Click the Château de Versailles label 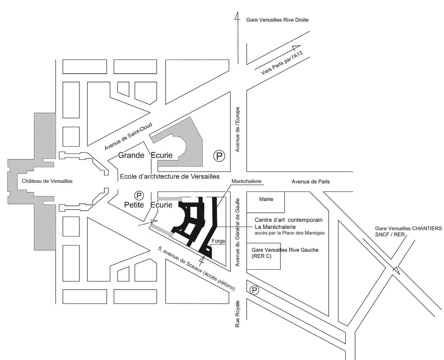click(47, 181)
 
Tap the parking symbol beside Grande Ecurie click(219, 156)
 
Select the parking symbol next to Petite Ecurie click(139, 195)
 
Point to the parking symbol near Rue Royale click(254, 290)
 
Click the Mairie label click(266, 199)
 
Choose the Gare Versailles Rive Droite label click(277, 20)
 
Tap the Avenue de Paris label click(310, 181)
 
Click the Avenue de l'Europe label click(237, 129)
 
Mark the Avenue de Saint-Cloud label click(128, 136)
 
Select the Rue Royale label click(237, 314)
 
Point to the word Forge click(218, 241)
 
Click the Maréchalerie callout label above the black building click(246, 181)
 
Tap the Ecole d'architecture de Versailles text click(170, 176)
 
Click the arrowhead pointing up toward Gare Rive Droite click(237, 17)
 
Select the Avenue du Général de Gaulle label click(237, 232)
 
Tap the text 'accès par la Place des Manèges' click(290, 233)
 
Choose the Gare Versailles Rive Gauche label click(285, 250)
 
